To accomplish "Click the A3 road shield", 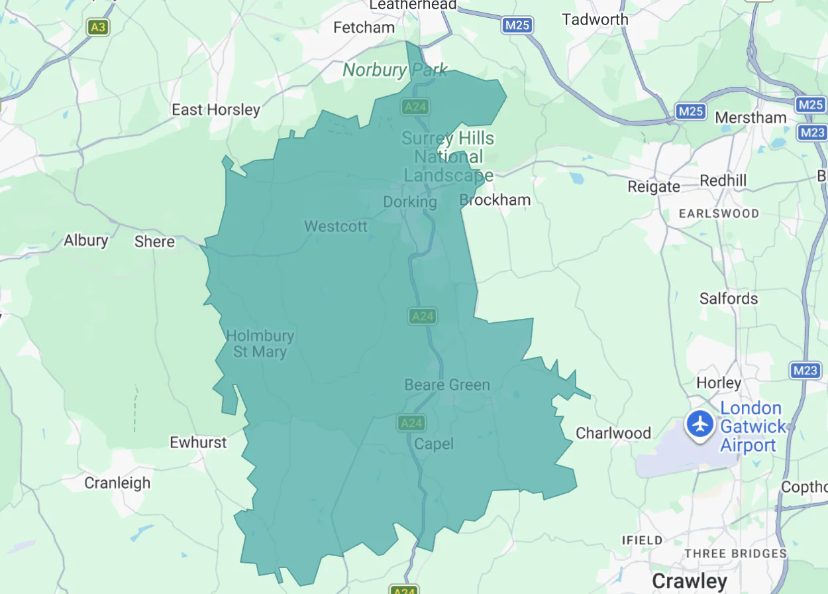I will (x=97, y=27).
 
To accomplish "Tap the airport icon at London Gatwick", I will (x=698, y=424).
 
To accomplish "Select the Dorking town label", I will (x=410, y=202).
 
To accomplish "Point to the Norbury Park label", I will (x=395, y=70).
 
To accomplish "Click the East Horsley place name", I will (x=216, y=109).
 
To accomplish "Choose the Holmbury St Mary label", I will (x=260, y=344).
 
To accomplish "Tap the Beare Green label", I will (x=447, y=385).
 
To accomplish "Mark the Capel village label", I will (x=434, y=444).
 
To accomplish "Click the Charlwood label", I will (x=613, y=434).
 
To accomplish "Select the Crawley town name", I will (x=689, y=581).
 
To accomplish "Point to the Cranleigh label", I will (x=117, y=483).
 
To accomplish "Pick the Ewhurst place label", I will (x=198, y=442).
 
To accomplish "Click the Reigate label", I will (x=654, y=187).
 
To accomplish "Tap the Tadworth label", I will (x=595, y=20).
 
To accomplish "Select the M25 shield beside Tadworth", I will (x=517, y=25).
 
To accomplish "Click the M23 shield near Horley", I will (x=805, y=371).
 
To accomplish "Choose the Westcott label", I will (x=336, y=227).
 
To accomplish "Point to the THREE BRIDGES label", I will (x=735, y=554).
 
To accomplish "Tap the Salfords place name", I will (x=729, y=298).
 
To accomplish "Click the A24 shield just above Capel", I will (x=411, y=422).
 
